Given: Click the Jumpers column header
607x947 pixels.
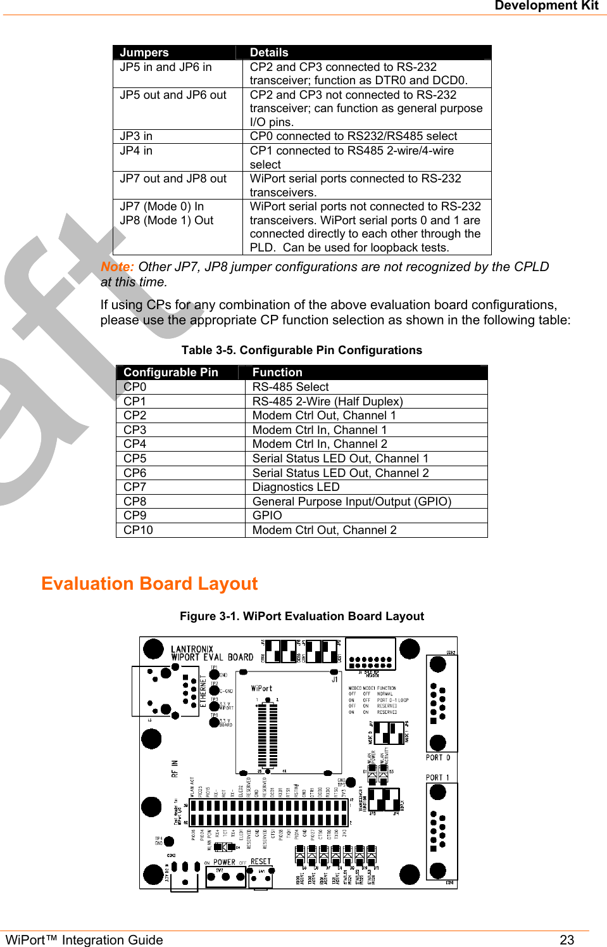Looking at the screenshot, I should point(144,53).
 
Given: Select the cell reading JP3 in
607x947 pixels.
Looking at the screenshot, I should point(136,136).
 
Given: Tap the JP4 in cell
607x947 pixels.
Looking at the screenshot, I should point(136,151).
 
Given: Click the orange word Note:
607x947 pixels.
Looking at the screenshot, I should point(117,267).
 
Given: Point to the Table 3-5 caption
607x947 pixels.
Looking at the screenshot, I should point(301,350).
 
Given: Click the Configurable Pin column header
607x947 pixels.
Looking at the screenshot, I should point(171,372).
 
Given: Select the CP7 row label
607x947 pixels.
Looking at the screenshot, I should point(135,487).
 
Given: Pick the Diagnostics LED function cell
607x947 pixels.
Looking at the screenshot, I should point(296,487).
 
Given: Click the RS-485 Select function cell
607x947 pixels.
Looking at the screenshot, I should point(291,387).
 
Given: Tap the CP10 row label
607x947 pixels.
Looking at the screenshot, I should point(138,530).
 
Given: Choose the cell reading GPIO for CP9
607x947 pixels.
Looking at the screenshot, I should point(267,516).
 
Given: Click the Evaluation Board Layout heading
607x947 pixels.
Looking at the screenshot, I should point(149,583).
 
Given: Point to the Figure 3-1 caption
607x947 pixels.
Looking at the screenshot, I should point(302,616).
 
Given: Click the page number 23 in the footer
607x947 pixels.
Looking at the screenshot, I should point(566,939).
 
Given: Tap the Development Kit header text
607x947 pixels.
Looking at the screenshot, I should point(546,6).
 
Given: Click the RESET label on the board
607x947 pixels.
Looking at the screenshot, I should point(261,861).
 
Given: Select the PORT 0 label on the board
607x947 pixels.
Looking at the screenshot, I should point(438,758).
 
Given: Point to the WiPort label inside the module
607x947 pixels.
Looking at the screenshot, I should point(261,689).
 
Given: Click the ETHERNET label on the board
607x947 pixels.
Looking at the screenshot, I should point(203,691).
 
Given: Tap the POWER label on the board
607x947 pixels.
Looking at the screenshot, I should point(224,862).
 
